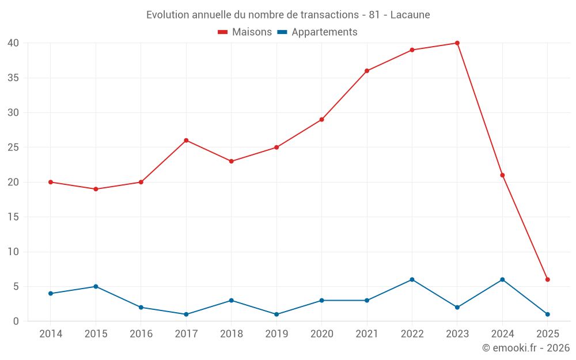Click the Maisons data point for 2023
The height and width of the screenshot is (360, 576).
click(x=457, y=43)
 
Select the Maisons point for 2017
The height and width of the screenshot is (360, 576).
click(x=186, y=141)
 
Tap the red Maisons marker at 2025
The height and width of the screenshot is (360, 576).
click(x=547, y=279)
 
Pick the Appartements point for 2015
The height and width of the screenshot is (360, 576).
click(x=96, y=286)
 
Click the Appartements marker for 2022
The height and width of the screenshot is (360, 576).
click(x=412, y=279)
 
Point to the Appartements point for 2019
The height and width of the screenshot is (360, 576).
click(x=276, y=314)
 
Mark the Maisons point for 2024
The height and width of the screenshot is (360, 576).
click(x=502, y=175)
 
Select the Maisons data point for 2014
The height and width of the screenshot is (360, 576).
click(x=51, y=182)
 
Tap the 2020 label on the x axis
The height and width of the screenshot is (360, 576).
click(x=321, y=334)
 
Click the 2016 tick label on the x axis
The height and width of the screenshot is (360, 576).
click(x=141, y=334)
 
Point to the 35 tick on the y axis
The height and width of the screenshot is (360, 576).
click(x=13, y=78)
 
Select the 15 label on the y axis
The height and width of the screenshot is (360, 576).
click(x=13, y=217)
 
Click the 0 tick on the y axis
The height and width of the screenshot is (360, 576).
click(x=16, y=321)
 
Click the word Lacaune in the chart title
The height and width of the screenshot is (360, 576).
click(x=410, y=15)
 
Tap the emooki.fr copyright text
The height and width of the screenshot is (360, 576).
click(x=526, y=348)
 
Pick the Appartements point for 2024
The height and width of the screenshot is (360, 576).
click(x=502, y=279)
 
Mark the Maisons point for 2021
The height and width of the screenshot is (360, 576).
click(x=367, y=71)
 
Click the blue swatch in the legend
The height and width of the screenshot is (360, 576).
click(x=282, y=32)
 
